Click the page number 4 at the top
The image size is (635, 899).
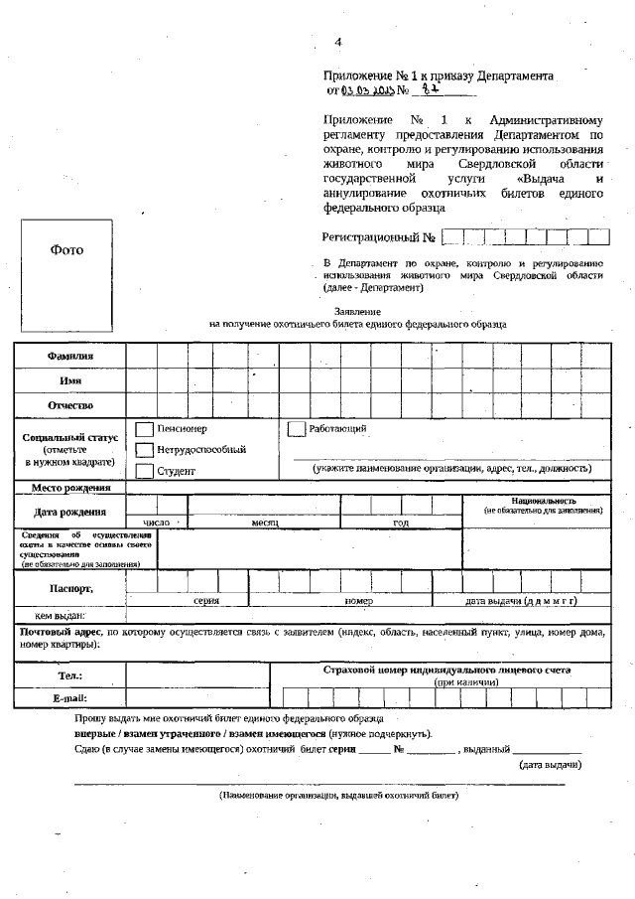[337, 42]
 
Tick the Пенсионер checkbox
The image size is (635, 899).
[144, 429]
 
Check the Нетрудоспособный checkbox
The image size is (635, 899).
[144, 450]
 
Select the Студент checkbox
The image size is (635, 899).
[144, 471]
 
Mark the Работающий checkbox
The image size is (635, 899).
[296, 429]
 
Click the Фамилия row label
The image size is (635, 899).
[69, 356]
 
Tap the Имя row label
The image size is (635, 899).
[69, 380]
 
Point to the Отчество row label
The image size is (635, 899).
[69, 405]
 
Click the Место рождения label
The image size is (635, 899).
[69, 488]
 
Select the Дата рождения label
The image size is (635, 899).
[69, 512]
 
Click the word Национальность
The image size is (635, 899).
[544, 501]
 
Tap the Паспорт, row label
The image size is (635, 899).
[70, 588]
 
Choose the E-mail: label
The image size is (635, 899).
[69, 698]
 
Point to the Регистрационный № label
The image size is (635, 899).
[379, 237]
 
